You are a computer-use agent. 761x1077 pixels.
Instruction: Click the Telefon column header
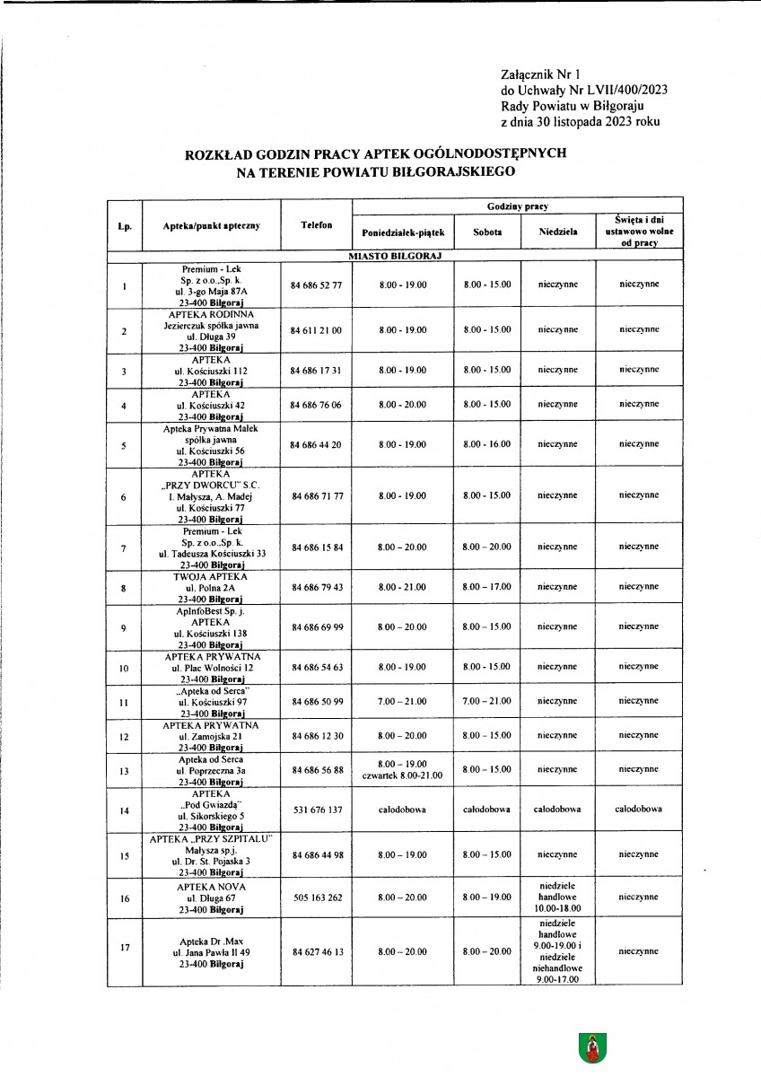(x=317, y=225)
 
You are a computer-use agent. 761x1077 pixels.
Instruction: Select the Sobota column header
(x=487, y=232)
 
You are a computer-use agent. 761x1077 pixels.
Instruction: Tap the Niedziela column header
(x=557, y=232)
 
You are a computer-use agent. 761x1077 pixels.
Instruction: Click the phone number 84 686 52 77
(x=317, y=285)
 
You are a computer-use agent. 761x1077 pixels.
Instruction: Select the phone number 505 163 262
(x=317, y=897)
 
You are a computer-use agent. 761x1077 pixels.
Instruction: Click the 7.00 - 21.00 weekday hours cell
(x=403, y=701)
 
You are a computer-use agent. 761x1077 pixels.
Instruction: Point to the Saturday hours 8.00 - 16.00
(x=487, y=444)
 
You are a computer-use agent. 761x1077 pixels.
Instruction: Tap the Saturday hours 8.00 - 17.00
(x=487, y=587)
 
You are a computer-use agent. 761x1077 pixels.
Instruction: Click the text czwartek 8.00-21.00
(x=403, y=775)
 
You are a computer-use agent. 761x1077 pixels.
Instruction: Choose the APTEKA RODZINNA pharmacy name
(x=212, y=314)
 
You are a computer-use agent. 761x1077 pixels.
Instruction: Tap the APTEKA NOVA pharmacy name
(x=212, y=886)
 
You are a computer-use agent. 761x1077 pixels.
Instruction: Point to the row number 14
(x=124, y=810)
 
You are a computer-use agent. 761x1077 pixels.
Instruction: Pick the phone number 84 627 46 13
(x=317, y=951)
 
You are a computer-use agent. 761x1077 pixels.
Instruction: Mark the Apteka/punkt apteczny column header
(x=212, y=225)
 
